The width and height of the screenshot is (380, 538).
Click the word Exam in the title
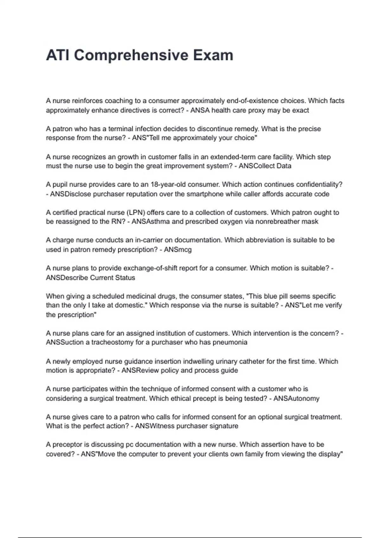(x=213, y=55)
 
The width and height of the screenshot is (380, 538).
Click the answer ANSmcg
(x=178, y=249)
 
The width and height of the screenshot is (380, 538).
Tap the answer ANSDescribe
(x=67, y=278)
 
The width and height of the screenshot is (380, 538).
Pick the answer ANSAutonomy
(x=296, y=398)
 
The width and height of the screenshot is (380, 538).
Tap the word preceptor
(x=67, y=444)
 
